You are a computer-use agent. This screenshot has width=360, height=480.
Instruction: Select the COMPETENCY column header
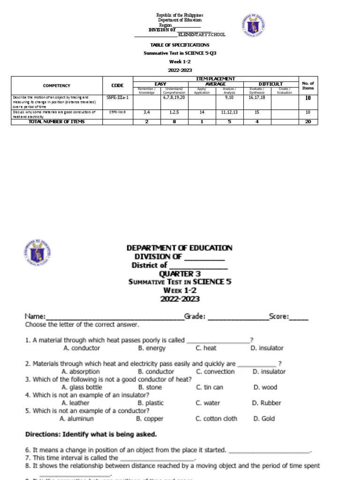56,86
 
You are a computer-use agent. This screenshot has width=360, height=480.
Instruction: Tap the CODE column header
118,86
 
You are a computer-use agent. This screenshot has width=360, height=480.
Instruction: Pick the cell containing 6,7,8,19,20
173,97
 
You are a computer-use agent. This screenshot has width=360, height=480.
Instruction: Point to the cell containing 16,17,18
257,97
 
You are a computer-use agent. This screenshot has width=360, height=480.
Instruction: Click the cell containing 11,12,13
229,112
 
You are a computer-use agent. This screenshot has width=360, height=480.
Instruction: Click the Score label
279,317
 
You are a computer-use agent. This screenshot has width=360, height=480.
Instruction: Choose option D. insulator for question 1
267,348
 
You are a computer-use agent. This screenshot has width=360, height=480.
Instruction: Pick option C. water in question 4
208,403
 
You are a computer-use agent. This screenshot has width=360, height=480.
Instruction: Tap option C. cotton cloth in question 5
217,419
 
